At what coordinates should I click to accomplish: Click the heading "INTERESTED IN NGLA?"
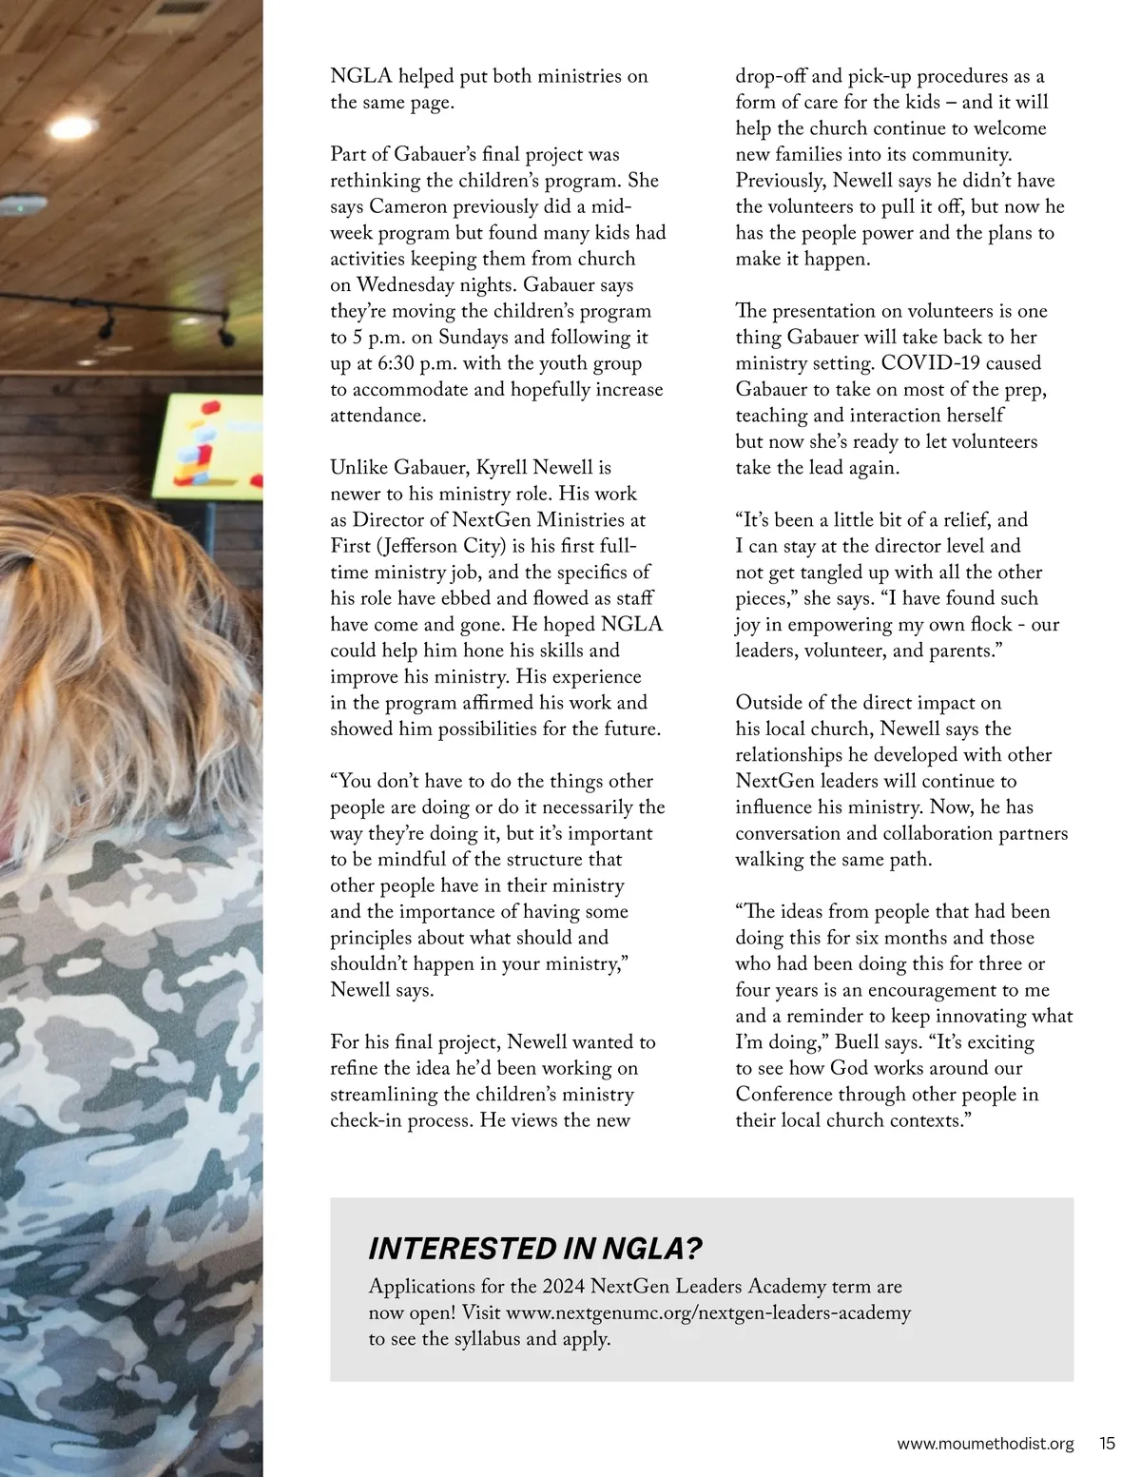click(535, 1248)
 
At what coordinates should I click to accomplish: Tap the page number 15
click(1107, 1443)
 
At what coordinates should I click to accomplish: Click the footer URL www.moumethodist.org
click(985, 1443)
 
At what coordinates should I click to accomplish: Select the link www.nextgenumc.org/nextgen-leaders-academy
click(708, 1312)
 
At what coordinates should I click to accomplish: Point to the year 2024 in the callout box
click(564, 1286)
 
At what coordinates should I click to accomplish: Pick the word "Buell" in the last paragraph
click(857, 1041)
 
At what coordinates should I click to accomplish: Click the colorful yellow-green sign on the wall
click(214, 446)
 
